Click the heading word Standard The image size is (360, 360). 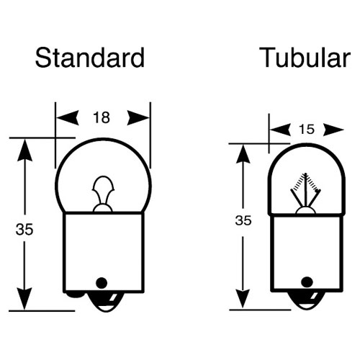(x=90, y=58)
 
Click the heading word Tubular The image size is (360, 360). (x=305, y=58)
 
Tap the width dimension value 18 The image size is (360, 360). (x=102, y=117)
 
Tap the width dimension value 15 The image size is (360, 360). (x=307, y=130)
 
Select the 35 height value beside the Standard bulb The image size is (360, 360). (x=24, y=229)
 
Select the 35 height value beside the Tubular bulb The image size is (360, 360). (x=243, y=220)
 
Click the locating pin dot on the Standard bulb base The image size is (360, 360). (x=102, y=283)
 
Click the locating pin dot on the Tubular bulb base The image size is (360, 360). (x=307, y=282)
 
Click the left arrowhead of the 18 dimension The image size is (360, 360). (x=68, y=118)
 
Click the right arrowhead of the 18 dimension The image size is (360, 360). (x=138, y=118)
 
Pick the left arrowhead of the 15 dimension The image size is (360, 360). (x=280, y=130)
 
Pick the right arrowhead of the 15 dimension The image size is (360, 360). (x=333, y=130)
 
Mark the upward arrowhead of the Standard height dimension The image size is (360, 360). (x=24, y=150)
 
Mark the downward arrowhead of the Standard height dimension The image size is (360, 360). (x=24, y=299)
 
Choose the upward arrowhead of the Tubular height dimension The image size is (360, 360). (x=243, y=154)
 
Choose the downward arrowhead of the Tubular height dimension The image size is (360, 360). (x=243, y=299)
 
